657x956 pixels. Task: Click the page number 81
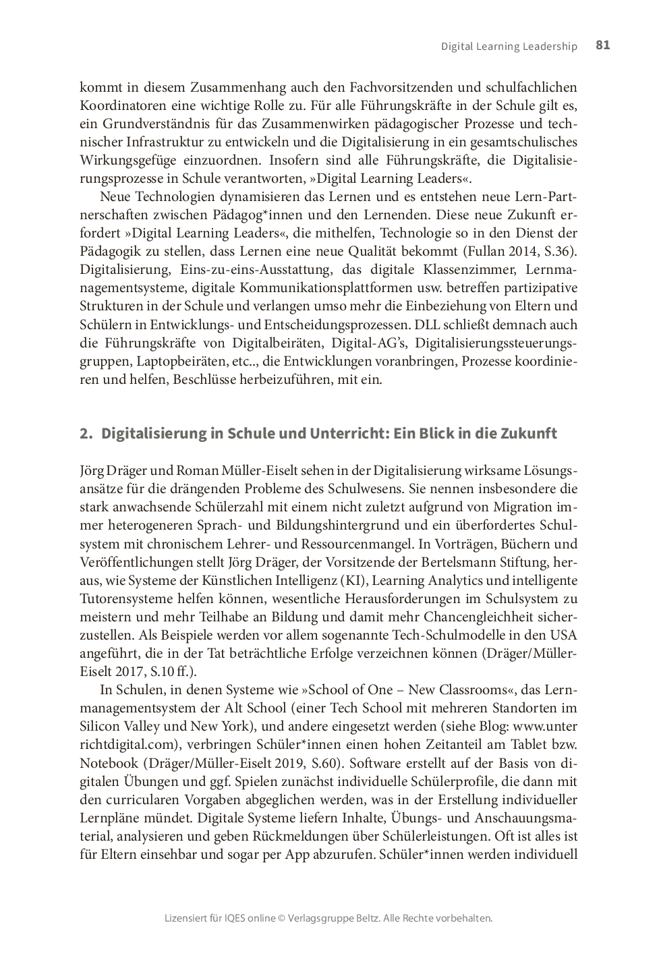coord(603,45)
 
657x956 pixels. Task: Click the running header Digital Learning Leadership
coord(509,47)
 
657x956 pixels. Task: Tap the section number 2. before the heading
coord(86,433)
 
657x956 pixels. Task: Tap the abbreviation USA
coord(564,634)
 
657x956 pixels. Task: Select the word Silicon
coord(101,726)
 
